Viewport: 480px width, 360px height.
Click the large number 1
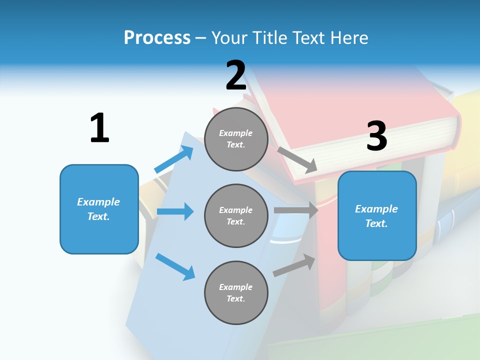click(x=99, y=128)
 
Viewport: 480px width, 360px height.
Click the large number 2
click(x=236, y=75)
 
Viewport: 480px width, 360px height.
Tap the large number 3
click(x=376, y=136)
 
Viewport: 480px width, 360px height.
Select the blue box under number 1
click(x=99, y=209)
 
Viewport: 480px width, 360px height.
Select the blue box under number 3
click(x=377, y=216)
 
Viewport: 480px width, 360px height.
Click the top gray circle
click(x=236, y=139)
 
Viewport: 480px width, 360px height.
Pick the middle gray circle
click(x=236, y=215)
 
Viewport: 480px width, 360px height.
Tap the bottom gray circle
click(x=236, y=292)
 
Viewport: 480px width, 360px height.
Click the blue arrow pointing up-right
click(x=174, y=159)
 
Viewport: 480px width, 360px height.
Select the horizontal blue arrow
click(x=175, y=211)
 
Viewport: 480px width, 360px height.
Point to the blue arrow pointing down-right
click(x=175, y=266)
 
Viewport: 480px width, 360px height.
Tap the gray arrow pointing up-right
click(x=294, y=265)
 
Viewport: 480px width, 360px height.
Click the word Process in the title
click(x=157, y=37)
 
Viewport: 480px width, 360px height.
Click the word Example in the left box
click(x=98, y=202)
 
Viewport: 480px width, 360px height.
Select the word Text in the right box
click(x=376, y=223)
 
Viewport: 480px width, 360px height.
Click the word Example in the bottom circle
click(x=235, y=287)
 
